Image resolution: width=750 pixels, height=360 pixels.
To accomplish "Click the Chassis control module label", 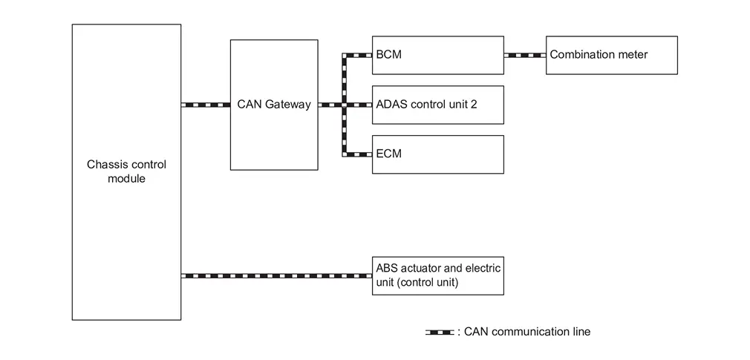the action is [127, 171].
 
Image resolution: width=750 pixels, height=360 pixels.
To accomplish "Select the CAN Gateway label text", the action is [274, 104].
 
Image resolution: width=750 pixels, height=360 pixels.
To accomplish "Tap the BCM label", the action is [389, 54].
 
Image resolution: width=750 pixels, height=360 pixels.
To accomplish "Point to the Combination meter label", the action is [599, 54].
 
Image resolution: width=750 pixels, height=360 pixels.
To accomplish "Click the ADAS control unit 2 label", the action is [427, 104].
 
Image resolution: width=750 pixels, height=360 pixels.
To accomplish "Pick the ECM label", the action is [389, 154].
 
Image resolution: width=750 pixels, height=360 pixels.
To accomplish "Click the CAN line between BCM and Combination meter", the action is [525, 55].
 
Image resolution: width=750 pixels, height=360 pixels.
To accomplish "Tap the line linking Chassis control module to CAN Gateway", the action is [206, 105].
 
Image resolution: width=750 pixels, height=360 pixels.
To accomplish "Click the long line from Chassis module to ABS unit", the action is [276, 276].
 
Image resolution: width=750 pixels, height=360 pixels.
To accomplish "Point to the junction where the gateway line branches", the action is [344, 105].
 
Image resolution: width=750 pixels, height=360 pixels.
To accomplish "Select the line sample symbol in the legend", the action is [440, 333].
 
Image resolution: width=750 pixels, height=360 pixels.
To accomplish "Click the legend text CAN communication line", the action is [527, 331].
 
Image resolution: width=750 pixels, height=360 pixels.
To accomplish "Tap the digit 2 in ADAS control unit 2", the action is [474, 104].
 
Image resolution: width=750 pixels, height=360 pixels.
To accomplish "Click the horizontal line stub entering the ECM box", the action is [357, 154].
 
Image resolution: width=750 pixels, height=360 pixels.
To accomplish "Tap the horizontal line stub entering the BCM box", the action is [357, 55].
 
